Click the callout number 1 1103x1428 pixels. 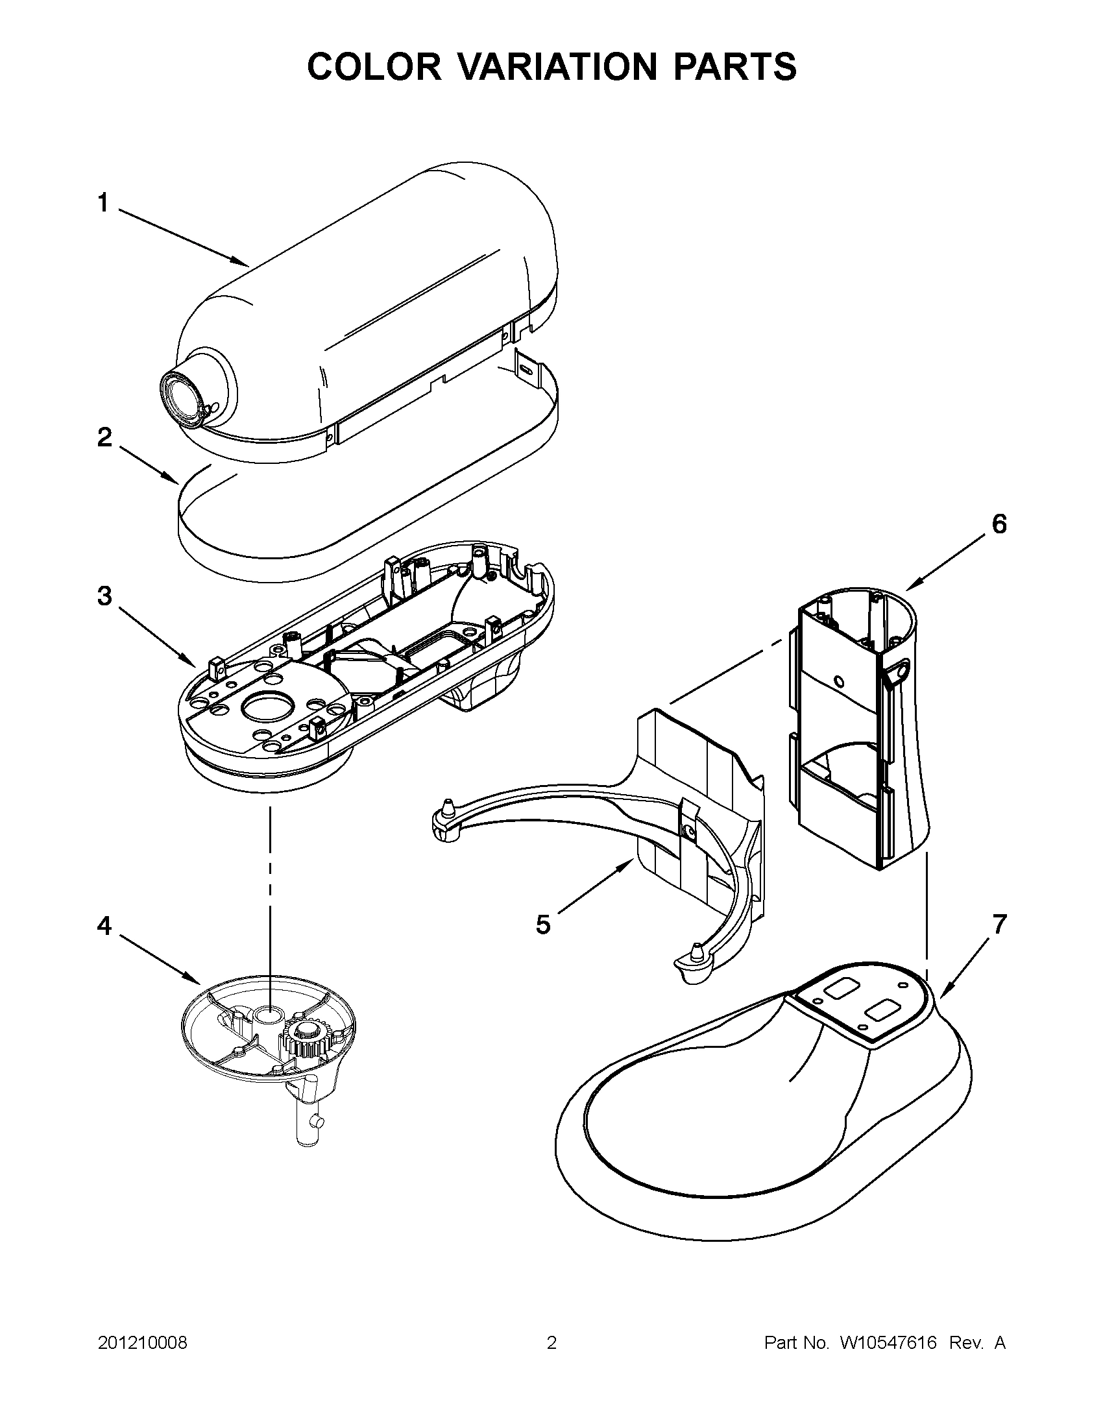(x=103, y=203)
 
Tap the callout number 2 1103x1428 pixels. (x=104, y=437)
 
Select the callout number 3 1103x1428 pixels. (x=104, y=596)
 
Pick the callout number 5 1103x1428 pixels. (x=542, y=925)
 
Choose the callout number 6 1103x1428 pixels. (x=999, y=524)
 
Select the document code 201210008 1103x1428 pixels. (x=143, y=1343)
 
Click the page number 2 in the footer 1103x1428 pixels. (x=551, y=1343)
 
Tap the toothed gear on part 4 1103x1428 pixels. (x=305, y=1037)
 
